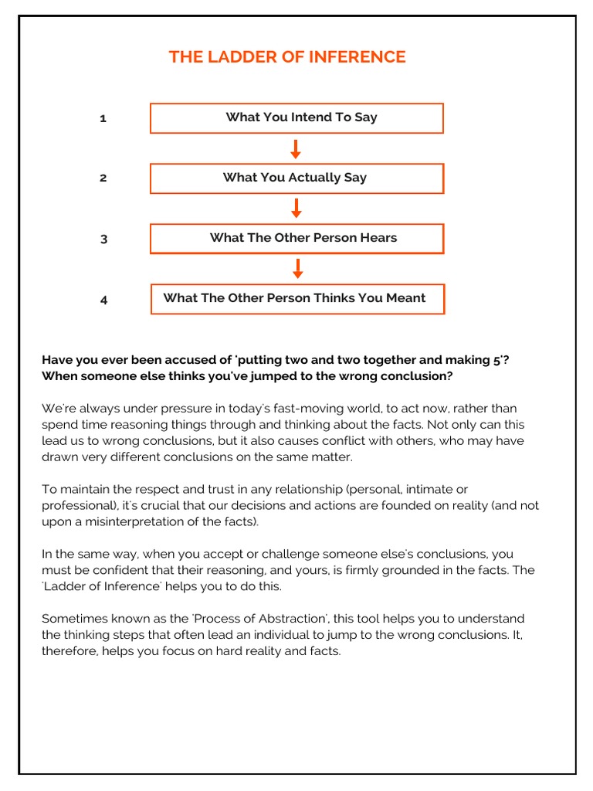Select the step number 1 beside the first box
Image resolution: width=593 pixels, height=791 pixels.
103,118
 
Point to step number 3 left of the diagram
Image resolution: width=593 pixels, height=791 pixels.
103,239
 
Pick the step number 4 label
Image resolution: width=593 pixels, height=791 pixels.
103,300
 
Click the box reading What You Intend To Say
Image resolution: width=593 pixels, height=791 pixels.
296,117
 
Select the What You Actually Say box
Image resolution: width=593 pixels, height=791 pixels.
296,178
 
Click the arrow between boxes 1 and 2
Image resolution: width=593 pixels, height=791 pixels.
296,148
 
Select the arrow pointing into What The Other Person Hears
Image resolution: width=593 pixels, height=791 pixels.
296,209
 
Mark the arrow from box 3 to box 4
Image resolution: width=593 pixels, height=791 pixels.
297,269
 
